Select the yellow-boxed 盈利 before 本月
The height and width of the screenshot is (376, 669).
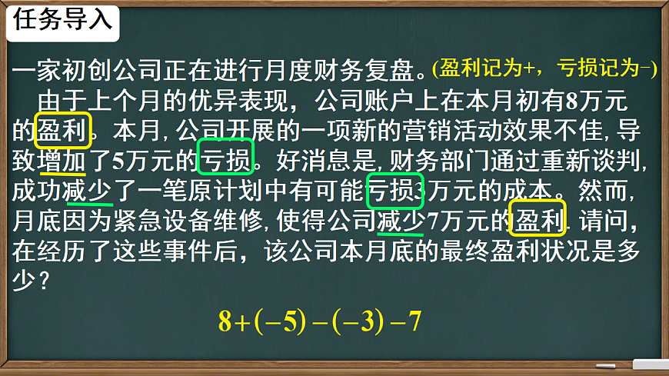[x=63, y=130]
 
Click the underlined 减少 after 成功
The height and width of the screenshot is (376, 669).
[x=88, y=191]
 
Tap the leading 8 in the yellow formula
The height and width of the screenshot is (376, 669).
[x=225, y=322]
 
